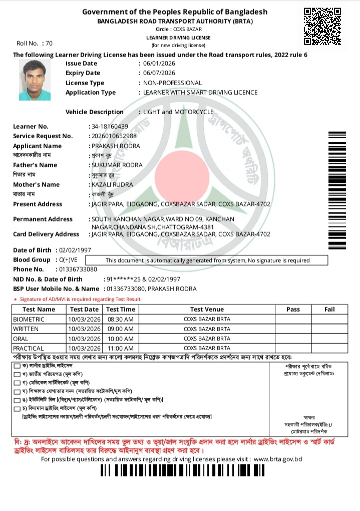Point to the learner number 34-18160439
(x=110, y=126)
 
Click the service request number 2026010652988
(x=115, y=136)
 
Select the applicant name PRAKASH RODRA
(x=116, y=146)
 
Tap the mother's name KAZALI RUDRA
(x=112, y=184)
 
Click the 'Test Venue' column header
(x=207, y=310)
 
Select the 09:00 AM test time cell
(x=120, y=329)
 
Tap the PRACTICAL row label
(x=29, y=348)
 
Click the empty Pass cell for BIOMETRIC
(x=293, y=319)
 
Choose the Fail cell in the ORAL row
(x=329, y=339)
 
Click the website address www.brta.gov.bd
(x=278, y=459)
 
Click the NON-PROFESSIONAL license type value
(x=172, y=83)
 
